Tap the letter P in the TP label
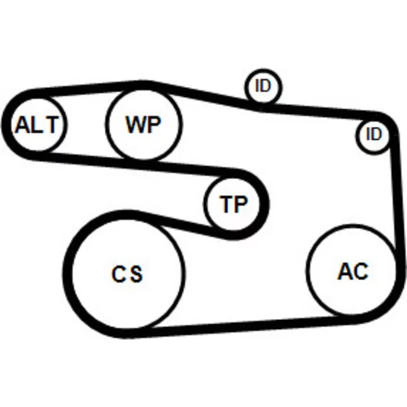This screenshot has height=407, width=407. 240,204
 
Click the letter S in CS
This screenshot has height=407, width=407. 136,274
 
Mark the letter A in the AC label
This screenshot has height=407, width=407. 345,271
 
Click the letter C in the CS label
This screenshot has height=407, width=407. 118,274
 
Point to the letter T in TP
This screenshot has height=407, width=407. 227,204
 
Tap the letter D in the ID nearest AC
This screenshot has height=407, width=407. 377,134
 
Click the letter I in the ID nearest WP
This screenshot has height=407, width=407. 258,85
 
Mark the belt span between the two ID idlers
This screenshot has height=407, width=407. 317,112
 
